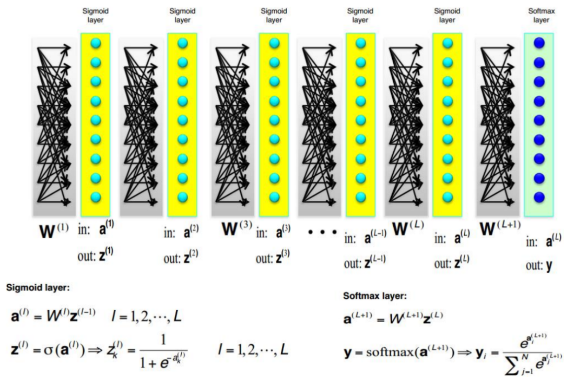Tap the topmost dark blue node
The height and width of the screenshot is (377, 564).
point(540,43)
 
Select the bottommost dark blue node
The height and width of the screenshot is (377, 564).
point(540,198)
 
